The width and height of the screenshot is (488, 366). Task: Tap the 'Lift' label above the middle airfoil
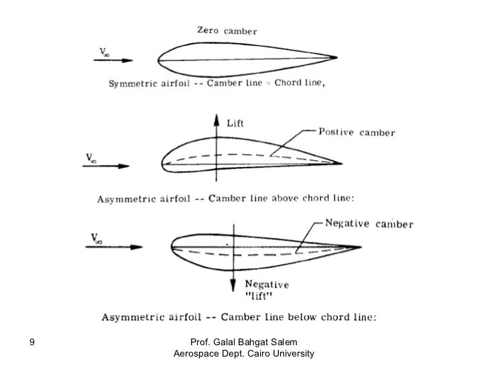[235, 123]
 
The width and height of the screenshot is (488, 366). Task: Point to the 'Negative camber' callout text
[369, 223]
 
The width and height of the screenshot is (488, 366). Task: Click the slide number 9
[32, 343]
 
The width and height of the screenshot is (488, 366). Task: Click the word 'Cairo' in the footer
[252, 353]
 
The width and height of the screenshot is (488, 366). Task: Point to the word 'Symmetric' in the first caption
[125, 85]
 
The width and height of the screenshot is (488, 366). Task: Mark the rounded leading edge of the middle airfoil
[162, 164]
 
